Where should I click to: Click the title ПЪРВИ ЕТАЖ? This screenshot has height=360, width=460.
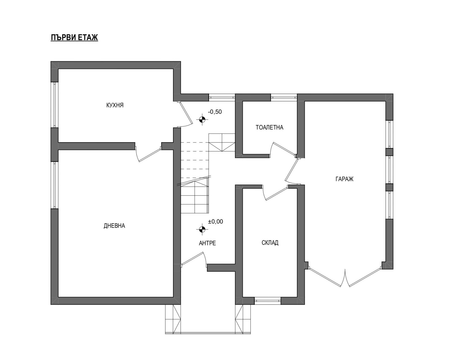74,37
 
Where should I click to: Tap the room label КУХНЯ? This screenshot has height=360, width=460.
115,105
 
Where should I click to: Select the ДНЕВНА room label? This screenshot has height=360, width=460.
114,226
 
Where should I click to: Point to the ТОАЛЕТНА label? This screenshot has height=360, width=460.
269,127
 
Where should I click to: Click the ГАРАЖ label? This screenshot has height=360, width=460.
344,179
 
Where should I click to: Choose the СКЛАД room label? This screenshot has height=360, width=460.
270,242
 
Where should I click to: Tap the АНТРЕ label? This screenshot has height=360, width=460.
207,243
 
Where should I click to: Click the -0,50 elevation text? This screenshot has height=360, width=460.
215,112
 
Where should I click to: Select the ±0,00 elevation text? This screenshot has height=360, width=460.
216,222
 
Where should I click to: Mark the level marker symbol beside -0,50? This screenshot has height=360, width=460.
202,120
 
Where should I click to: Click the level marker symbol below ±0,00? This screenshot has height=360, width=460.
202,229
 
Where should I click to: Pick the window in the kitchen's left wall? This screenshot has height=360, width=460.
54,105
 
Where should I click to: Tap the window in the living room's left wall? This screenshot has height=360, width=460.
54,185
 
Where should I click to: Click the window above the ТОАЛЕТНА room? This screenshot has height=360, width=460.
284,97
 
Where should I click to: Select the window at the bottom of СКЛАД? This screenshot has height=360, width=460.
268,301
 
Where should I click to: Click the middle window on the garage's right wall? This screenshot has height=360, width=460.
389,170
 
